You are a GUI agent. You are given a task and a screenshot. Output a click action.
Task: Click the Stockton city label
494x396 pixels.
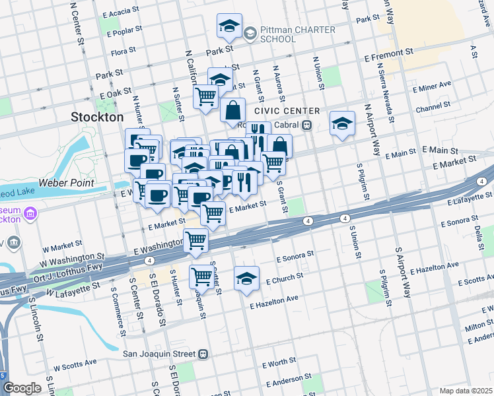tap(97, 117)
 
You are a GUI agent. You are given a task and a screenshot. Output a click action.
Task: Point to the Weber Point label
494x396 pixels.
tap(65, 182)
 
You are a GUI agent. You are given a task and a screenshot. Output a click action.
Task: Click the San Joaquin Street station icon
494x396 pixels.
tap(205, 354)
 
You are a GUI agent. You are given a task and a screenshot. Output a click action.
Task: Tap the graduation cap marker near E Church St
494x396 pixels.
tap(246, 278)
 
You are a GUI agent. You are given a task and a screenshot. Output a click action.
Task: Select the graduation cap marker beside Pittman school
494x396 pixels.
tap(229, 26)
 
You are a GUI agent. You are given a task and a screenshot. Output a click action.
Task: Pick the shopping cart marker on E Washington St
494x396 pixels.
tap(196, 240)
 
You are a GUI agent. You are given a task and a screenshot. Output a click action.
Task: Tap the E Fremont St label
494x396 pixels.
tap(388, 51)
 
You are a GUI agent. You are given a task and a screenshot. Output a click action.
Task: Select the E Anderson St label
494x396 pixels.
tap(287, 381)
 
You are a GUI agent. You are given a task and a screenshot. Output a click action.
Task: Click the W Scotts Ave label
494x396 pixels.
tap(75, 363)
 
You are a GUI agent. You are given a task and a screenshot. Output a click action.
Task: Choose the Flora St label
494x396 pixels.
tap(123, 50)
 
